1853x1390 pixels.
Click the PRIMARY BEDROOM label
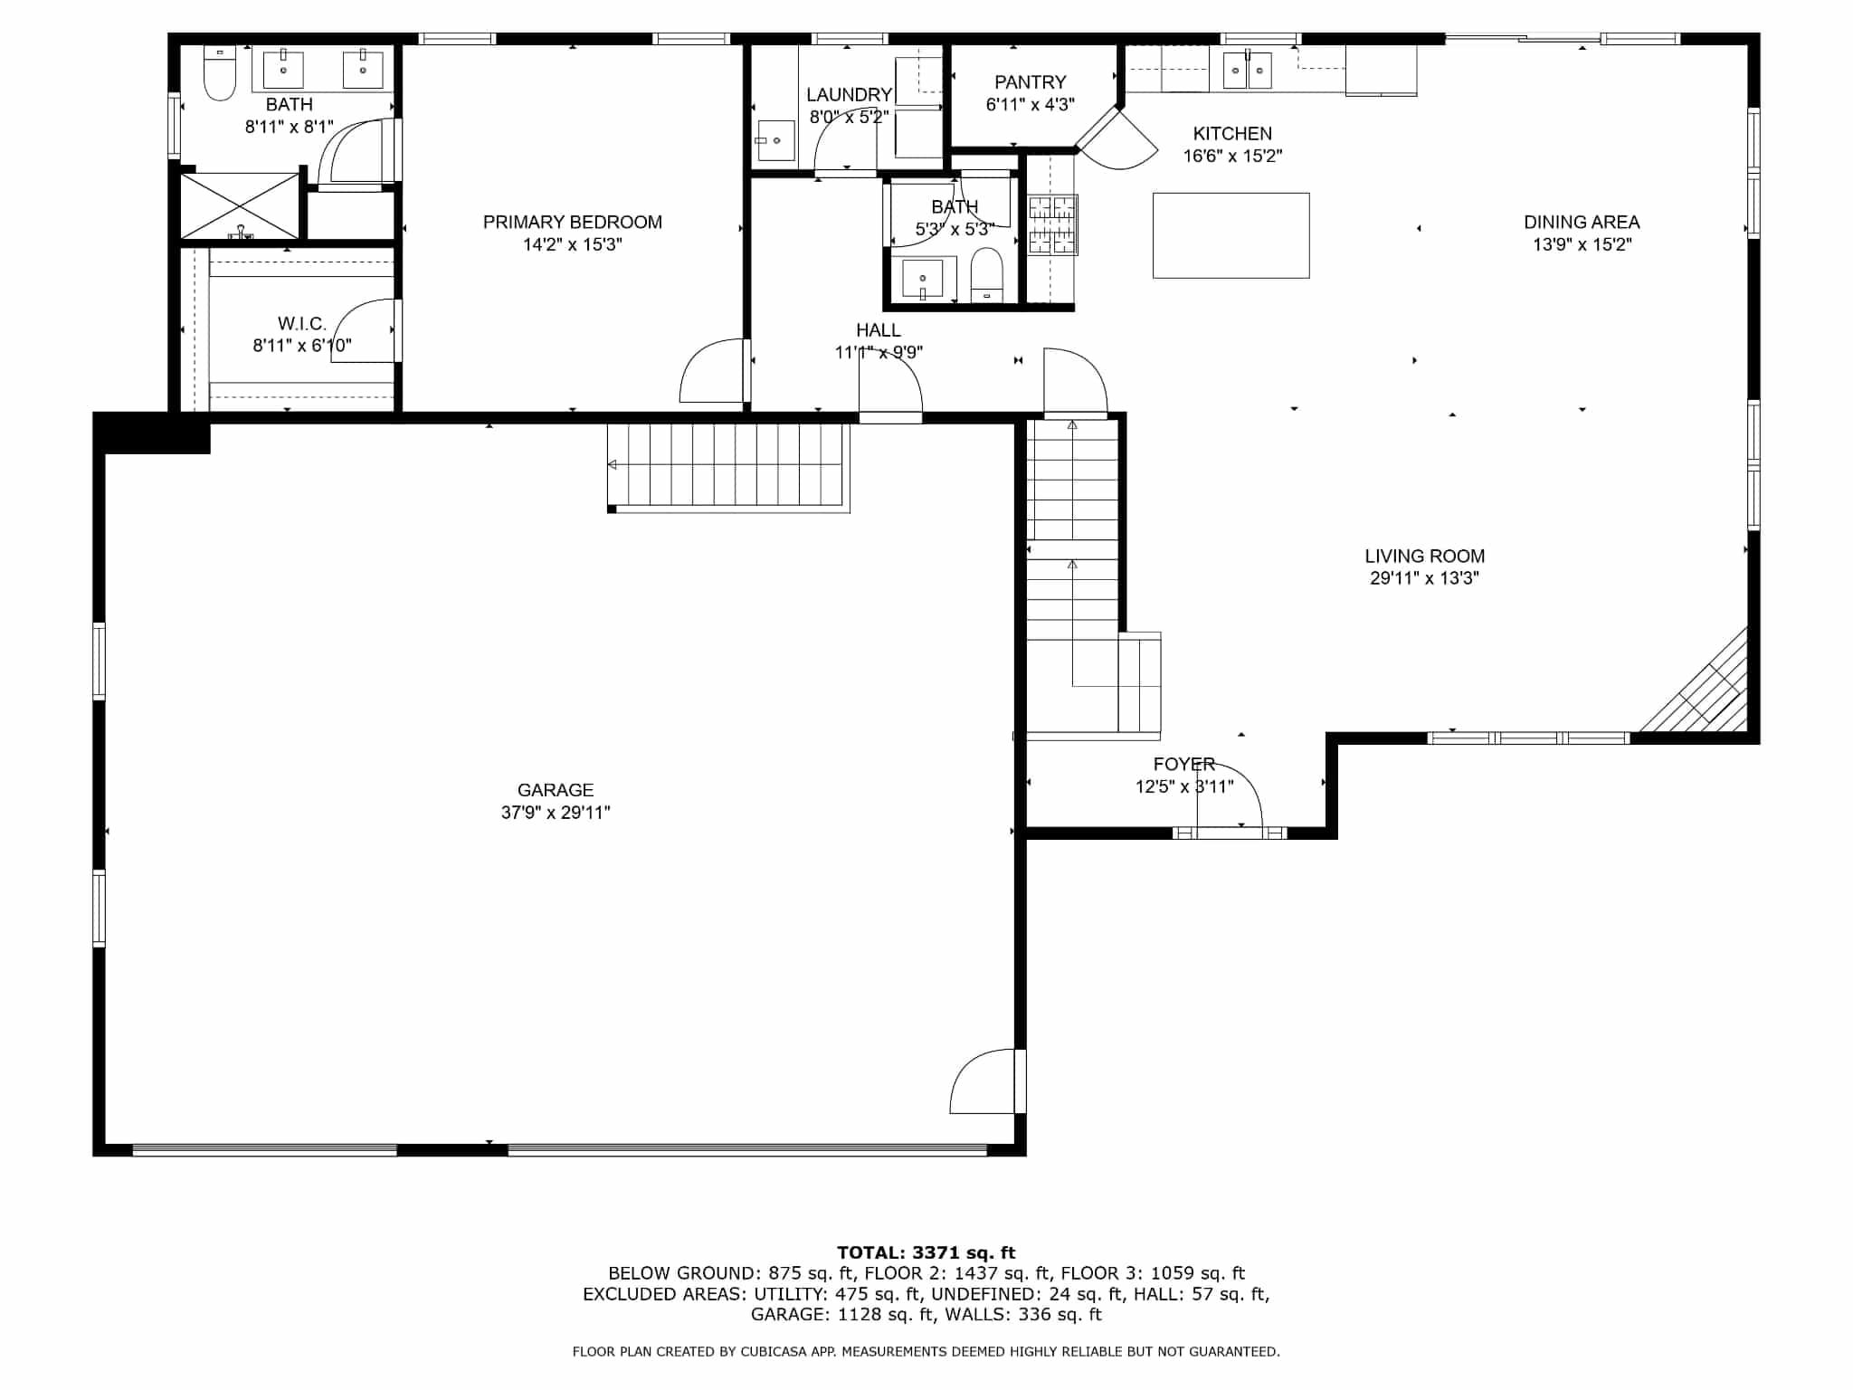click(572, 222)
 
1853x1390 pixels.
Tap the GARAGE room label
click(556, 790)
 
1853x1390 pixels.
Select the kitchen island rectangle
click(1231, 235)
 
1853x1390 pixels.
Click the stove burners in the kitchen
click(1052, 224)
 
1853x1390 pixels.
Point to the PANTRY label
click(1030, 82)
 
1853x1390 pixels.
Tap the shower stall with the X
click(240, 206)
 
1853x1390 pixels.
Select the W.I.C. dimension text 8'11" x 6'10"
click(302, 345)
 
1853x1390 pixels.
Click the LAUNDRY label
click(849, 95)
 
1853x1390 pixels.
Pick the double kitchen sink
click(1247, 70)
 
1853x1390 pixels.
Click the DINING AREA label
click(1582, 222)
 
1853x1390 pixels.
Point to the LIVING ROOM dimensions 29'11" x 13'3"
click(1424, 578)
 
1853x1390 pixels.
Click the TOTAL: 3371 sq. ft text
click(926, 1252)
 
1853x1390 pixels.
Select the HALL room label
click(878, 330)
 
